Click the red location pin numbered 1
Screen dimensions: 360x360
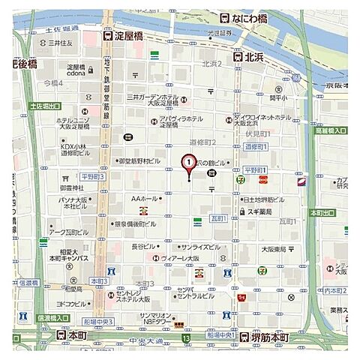(x=188, y=162)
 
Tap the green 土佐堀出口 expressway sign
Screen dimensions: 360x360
(x=40, y=107)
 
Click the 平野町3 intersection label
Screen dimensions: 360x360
(x=94, y=175)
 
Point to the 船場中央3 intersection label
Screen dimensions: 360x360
(x=98, y=321)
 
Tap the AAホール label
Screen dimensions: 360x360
(x=145, y=198)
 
